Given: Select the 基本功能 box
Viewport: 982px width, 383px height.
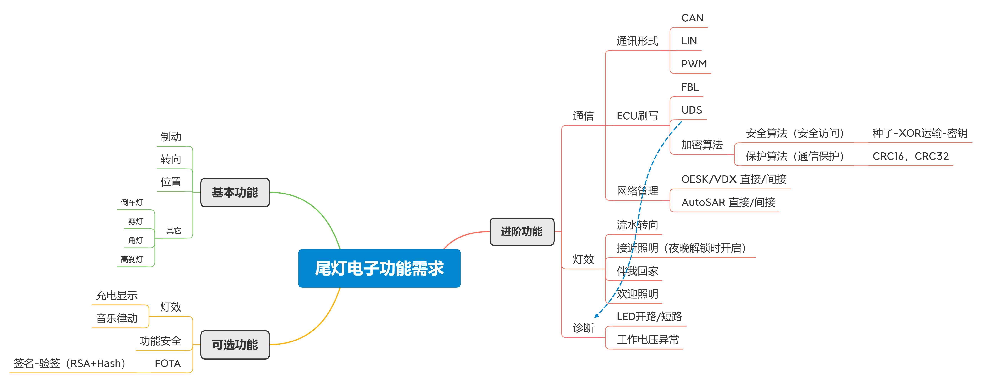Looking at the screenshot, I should click(235, 192).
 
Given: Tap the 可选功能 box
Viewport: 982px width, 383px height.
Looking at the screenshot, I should click(235, 345).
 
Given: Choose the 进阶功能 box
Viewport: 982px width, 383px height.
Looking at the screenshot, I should click(521, 232).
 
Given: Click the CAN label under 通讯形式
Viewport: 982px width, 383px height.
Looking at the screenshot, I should click(692, 18).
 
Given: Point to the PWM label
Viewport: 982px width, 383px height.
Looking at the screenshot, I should click(694, 64).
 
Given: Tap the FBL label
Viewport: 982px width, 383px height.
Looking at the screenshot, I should click(690, 87).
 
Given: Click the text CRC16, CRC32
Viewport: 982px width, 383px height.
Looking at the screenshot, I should click(910, 156).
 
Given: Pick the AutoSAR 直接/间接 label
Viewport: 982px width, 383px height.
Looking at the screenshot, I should click(728, 202).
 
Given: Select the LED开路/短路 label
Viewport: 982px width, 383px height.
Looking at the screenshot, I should click(649, 316).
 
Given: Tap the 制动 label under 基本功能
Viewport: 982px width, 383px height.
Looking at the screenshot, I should click(171, 137).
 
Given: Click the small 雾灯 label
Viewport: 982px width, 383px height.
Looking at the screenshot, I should click(135, 221).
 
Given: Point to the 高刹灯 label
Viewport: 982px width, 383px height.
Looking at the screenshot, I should click(132, 259).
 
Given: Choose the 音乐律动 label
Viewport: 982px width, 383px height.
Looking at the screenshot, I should click(117, 318).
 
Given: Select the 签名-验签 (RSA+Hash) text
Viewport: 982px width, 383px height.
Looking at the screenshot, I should click(69, 363).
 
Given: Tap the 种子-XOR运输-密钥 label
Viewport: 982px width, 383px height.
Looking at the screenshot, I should click(919, 133).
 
